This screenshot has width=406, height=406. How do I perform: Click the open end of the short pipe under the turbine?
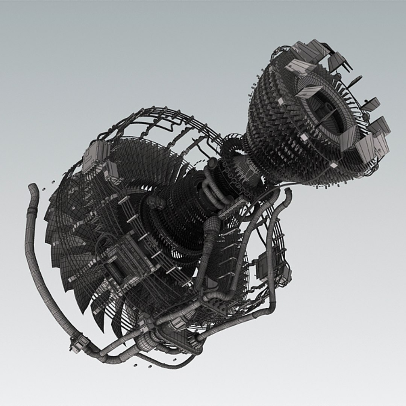(288, 192)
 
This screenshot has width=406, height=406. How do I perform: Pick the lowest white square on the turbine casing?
(333, 165)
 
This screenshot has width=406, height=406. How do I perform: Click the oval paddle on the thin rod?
(355, 80)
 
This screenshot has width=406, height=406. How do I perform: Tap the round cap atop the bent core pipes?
(212, 162)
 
